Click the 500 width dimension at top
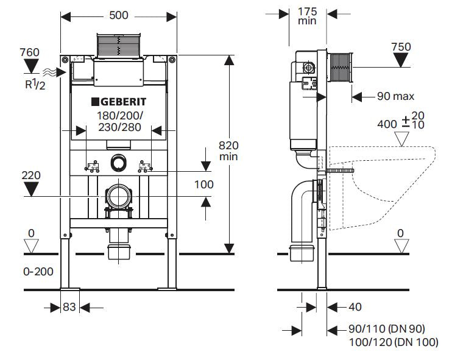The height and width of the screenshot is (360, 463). (x=119, y=15)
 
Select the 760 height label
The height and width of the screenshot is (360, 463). (x=29, y=52)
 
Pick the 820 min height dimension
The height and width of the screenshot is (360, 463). (x=228, y=150)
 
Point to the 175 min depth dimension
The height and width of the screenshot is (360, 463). (x=308, y=15)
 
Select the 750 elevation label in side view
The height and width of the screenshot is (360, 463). (x=401, y=47)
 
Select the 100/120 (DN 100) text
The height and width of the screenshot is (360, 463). (x=393, y=342)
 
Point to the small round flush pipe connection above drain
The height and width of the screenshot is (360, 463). (x=118, y=163)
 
